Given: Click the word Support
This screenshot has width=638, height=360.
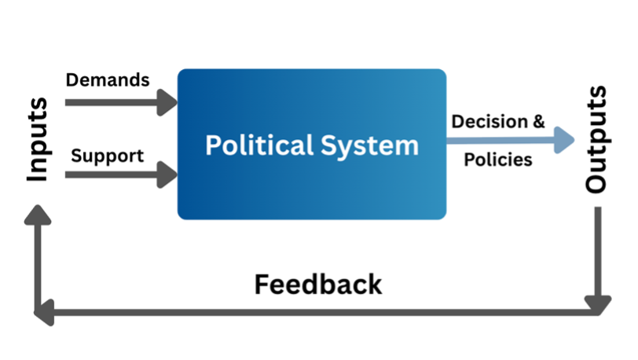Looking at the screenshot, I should coord(107,156).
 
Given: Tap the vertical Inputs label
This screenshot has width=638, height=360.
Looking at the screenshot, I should coord(37,140).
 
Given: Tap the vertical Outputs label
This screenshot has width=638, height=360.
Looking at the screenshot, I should coord(596,140).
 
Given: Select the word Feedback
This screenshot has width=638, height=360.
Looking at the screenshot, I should coord(317,284).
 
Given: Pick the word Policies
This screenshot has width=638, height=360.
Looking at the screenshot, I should coord(498,160).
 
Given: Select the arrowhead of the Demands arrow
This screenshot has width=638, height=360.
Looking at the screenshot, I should coord(168,101).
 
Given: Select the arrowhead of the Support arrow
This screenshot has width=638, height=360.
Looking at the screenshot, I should coord(168,174).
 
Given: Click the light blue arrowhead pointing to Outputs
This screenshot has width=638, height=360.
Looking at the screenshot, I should coord(563,140).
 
